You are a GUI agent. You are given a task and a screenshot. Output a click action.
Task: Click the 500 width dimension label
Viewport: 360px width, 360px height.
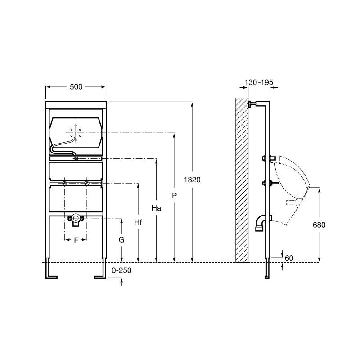point(76,87)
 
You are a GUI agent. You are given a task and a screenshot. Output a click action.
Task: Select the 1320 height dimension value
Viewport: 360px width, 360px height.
point(192,180)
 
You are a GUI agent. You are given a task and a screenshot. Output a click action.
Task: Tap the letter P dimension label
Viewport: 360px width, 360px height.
point(175,196)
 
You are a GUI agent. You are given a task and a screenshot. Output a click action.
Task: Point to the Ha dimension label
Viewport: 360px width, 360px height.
point(156,208)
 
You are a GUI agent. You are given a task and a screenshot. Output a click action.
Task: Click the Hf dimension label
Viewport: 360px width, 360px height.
point(138,222)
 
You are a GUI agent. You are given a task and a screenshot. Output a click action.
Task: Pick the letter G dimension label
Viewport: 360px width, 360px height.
point(121,240)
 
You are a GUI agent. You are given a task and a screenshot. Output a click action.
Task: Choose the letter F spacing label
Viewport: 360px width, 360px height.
point(76,240)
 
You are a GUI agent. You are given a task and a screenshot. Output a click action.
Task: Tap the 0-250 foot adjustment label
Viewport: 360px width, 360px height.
point(121,270)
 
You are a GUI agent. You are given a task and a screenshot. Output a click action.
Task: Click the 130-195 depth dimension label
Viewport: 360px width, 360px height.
point(259,82)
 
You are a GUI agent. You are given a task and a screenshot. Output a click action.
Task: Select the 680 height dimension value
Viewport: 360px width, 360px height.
point(319,225)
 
